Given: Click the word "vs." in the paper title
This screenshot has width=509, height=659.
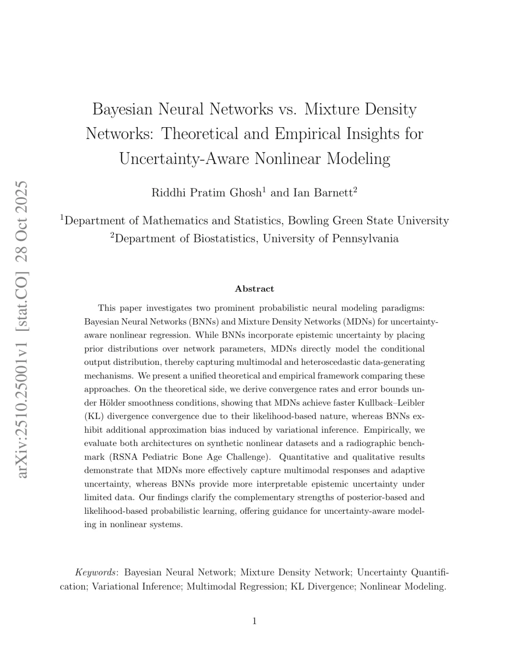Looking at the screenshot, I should pos(287,109).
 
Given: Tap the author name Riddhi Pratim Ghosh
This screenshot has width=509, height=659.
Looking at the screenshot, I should pos(206,193).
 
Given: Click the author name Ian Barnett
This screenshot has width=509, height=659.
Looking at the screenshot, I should pos(323,193).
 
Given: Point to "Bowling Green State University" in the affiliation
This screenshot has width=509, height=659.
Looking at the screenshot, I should pos(368,221).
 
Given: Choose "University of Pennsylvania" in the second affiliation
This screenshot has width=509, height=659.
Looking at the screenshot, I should pos(330,239).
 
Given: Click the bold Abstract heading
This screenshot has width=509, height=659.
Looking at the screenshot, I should pos(254,289).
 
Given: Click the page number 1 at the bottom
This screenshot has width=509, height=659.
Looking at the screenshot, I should pos(254,621).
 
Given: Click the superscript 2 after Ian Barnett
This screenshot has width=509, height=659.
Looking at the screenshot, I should pos(355,189).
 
